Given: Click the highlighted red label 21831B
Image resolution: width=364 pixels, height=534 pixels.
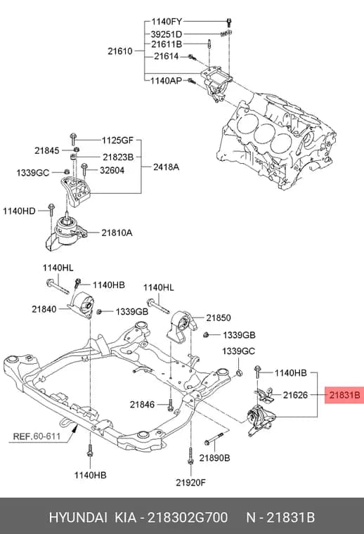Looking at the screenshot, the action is (x=344, y=395).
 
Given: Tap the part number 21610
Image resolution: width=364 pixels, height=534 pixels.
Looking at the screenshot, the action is (x=120, y=51).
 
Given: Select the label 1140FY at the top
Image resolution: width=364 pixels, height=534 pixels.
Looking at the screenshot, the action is (x=167, y=22).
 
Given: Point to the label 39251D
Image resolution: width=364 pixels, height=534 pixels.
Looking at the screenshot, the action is (x=167, y=34).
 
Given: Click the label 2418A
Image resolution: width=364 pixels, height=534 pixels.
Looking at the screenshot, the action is (x=166, y=167).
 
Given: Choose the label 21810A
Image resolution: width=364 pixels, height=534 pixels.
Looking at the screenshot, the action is (x=117, y=233).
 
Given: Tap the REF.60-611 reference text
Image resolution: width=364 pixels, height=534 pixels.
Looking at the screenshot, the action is (x=37, y=436).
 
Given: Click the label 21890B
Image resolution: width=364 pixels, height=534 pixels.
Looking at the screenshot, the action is (x=214, y=458).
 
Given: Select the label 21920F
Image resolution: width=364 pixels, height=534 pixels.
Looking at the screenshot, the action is (x=190, y=482).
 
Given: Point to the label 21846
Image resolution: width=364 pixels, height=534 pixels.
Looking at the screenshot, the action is (x=142, y=405).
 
